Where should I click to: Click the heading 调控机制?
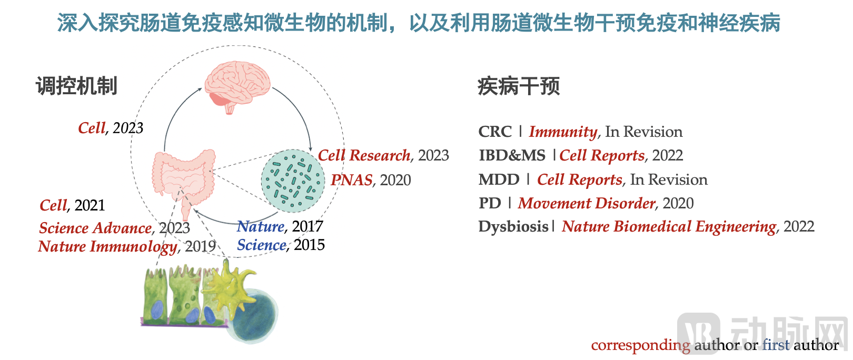coord(76,86)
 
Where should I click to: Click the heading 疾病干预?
coord(519,86)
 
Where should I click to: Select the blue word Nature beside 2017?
coord(261,226)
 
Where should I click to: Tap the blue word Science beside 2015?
coord(262,245)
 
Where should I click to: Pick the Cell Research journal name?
coord(364,155)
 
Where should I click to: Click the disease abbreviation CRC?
coord(495,132)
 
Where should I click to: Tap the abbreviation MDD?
coord(499,179)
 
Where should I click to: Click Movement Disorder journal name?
coord(587,203)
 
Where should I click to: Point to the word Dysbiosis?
coord(513,226)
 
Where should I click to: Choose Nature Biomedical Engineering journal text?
coord(669,226)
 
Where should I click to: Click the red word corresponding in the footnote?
coord(640,345)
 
